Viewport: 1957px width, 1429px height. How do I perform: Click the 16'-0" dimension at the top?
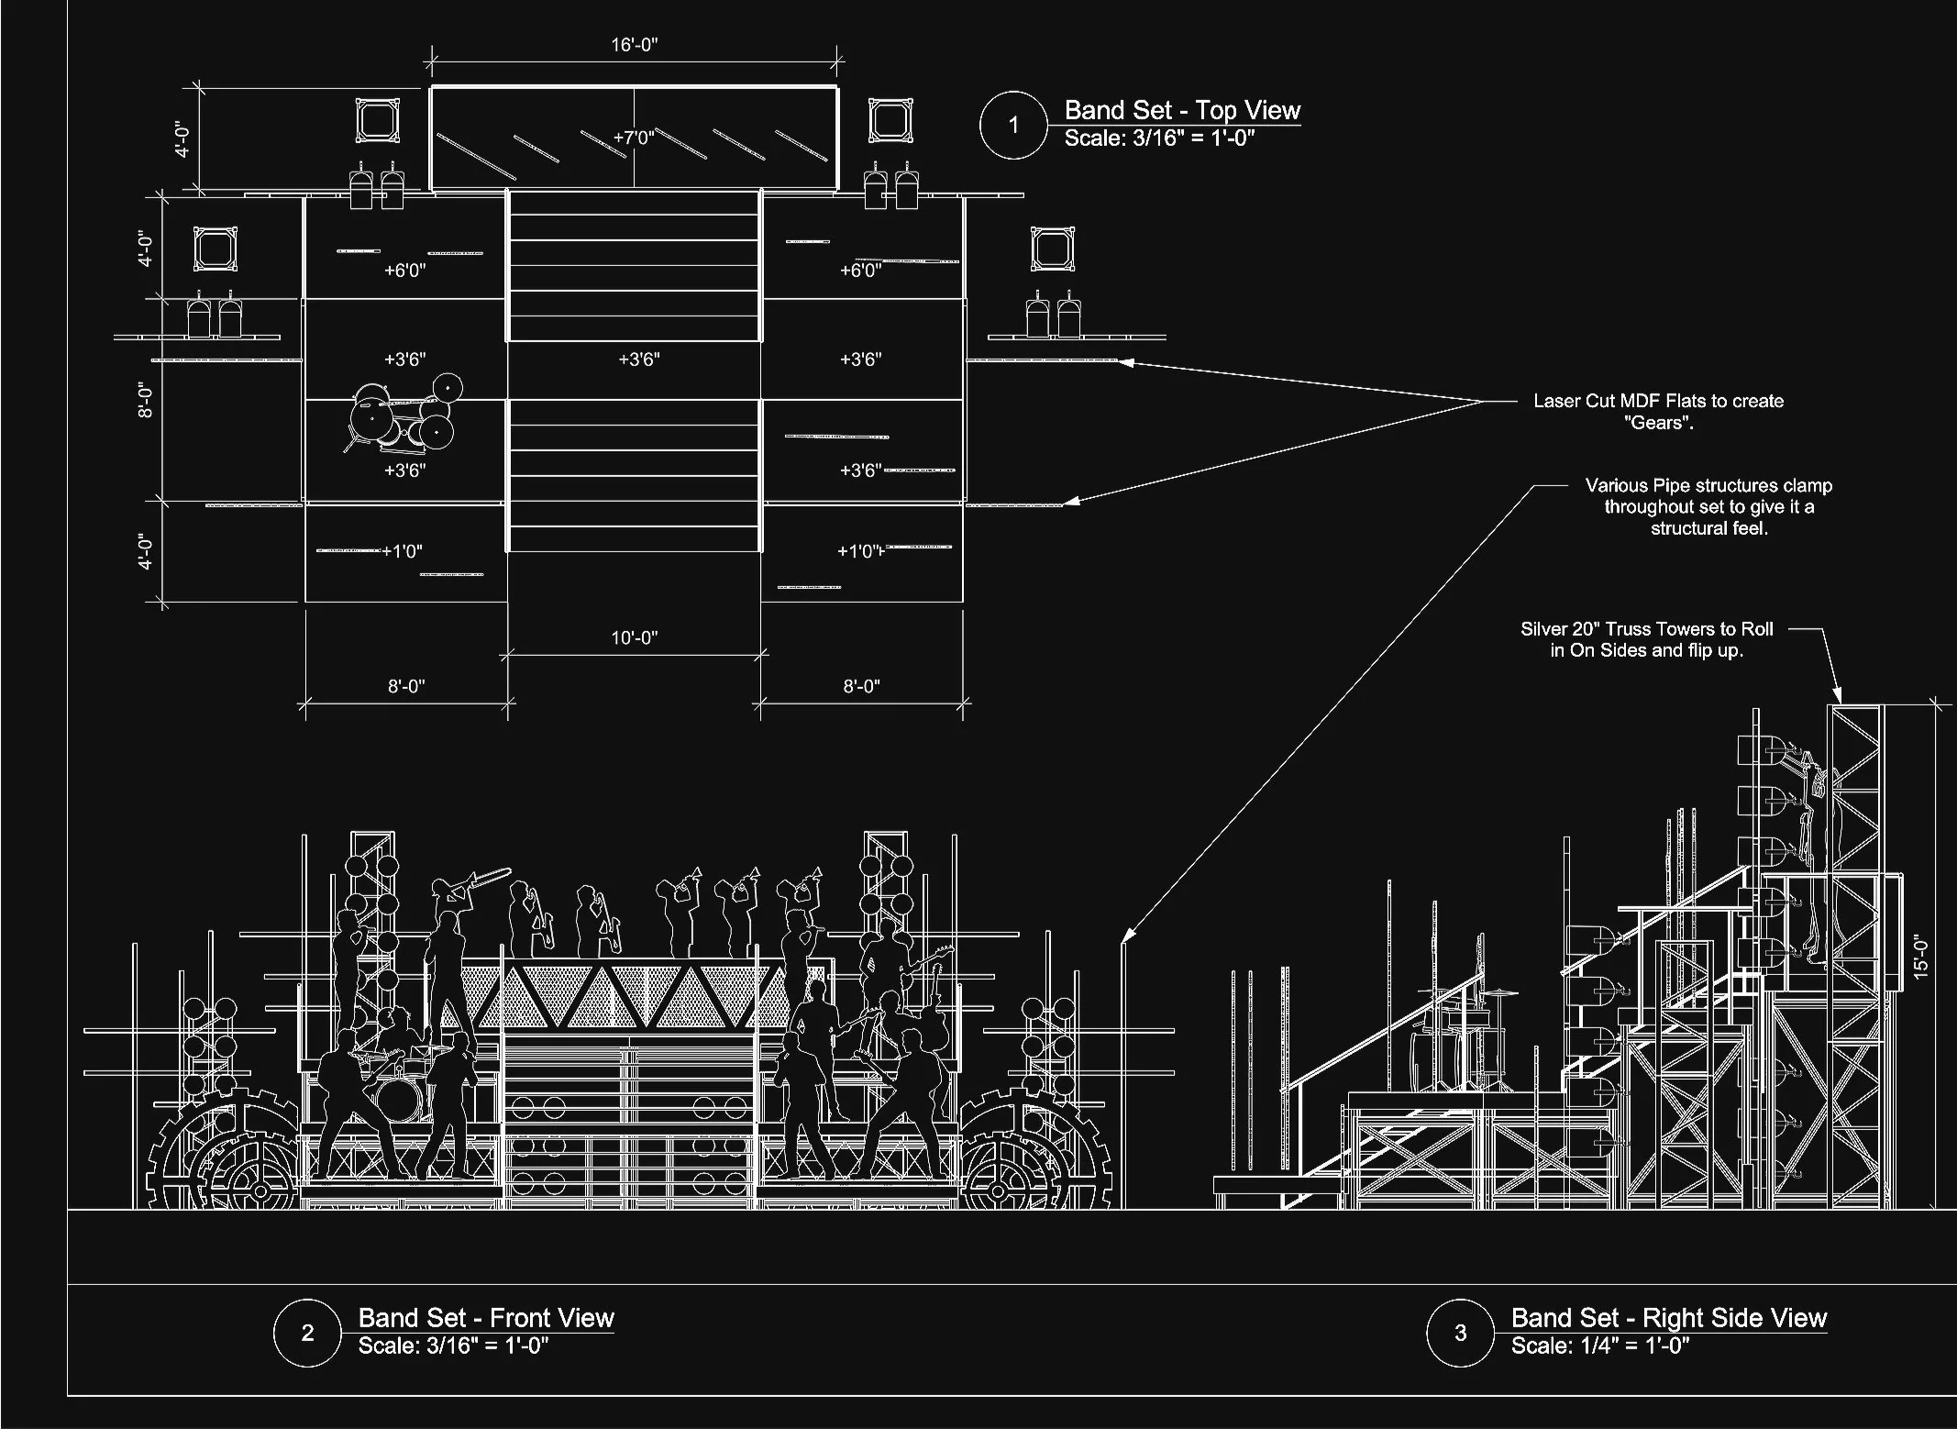tap(635, 45)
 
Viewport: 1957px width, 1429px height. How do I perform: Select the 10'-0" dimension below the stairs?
tap(635, 637)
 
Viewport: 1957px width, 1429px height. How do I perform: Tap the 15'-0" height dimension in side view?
tap(1922, 957)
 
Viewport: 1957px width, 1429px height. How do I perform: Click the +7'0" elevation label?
tap(634, 138)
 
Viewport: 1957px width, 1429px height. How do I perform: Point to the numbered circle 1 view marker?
tap(1013, 125)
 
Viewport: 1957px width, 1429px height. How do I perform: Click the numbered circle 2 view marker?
tap(308, 1333)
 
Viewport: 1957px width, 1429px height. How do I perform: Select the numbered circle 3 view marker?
tap(1461, 1333)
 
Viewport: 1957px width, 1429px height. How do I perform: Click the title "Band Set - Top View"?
tap(1182, 111)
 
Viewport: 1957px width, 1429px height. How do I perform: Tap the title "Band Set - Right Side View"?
tap(1668, 1318)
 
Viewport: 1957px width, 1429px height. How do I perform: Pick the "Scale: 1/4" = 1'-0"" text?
tap(1600, 1346)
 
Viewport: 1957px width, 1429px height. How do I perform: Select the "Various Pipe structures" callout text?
tap(1708, 506)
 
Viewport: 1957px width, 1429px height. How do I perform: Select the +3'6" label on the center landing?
tap(639, 360)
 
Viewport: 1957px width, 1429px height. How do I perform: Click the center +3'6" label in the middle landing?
tap(639, 360)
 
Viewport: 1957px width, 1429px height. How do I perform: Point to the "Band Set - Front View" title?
tap(486, 1318)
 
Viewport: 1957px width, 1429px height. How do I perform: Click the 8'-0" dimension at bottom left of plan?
tap(405, 686)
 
